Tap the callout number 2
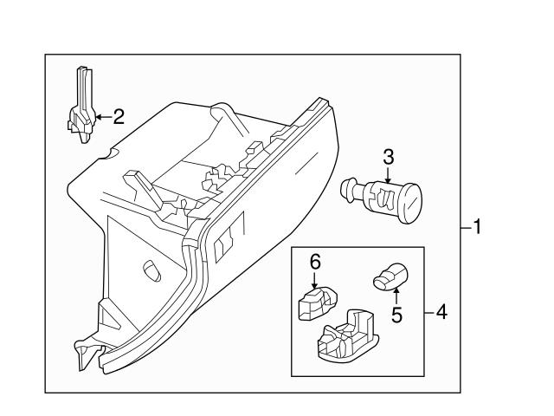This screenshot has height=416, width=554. tap(119, 116)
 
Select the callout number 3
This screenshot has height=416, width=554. tap(389, 156)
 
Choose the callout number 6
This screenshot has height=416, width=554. tap(316, 260)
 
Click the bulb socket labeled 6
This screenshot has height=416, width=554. tap(315, 302)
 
